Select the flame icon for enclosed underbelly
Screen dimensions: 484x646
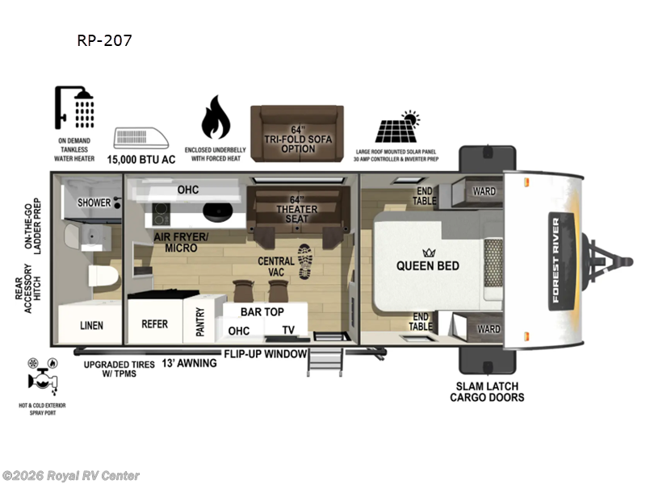coord(214,119)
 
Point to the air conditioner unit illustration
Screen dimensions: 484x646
coord(142,139)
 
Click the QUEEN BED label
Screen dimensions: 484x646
coord(427,265)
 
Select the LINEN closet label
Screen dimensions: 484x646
coord(90,325)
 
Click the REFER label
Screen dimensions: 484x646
coord(154,324)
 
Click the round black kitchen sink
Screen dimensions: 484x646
coord(217,214)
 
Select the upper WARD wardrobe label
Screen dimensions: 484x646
coord(484,191)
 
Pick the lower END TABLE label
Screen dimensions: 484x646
coord(422,321)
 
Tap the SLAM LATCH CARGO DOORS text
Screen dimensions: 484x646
coord(487,391)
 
